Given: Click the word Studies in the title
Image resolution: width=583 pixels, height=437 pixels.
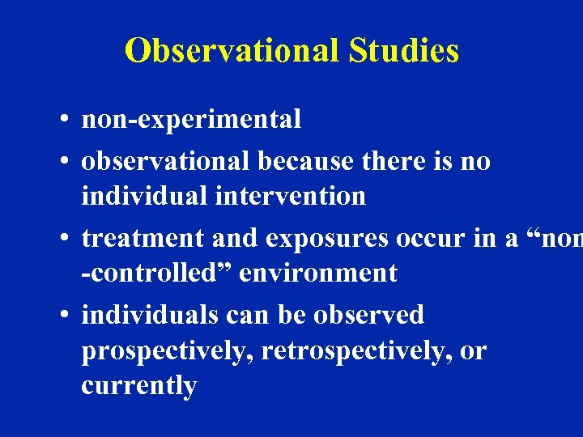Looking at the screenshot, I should click(404, 51).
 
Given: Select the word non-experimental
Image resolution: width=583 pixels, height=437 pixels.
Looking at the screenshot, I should click(191, 120).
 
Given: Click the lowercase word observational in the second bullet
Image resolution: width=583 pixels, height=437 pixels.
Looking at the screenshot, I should click(166, 161).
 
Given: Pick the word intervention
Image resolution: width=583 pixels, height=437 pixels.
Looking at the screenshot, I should click(296, 196).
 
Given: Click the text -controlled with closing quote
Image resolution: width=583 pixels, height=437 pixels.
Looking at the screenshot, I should click(156, 273).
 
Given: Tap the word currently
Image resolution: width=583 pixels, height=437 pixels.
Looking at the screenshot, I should click(138, 386).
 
